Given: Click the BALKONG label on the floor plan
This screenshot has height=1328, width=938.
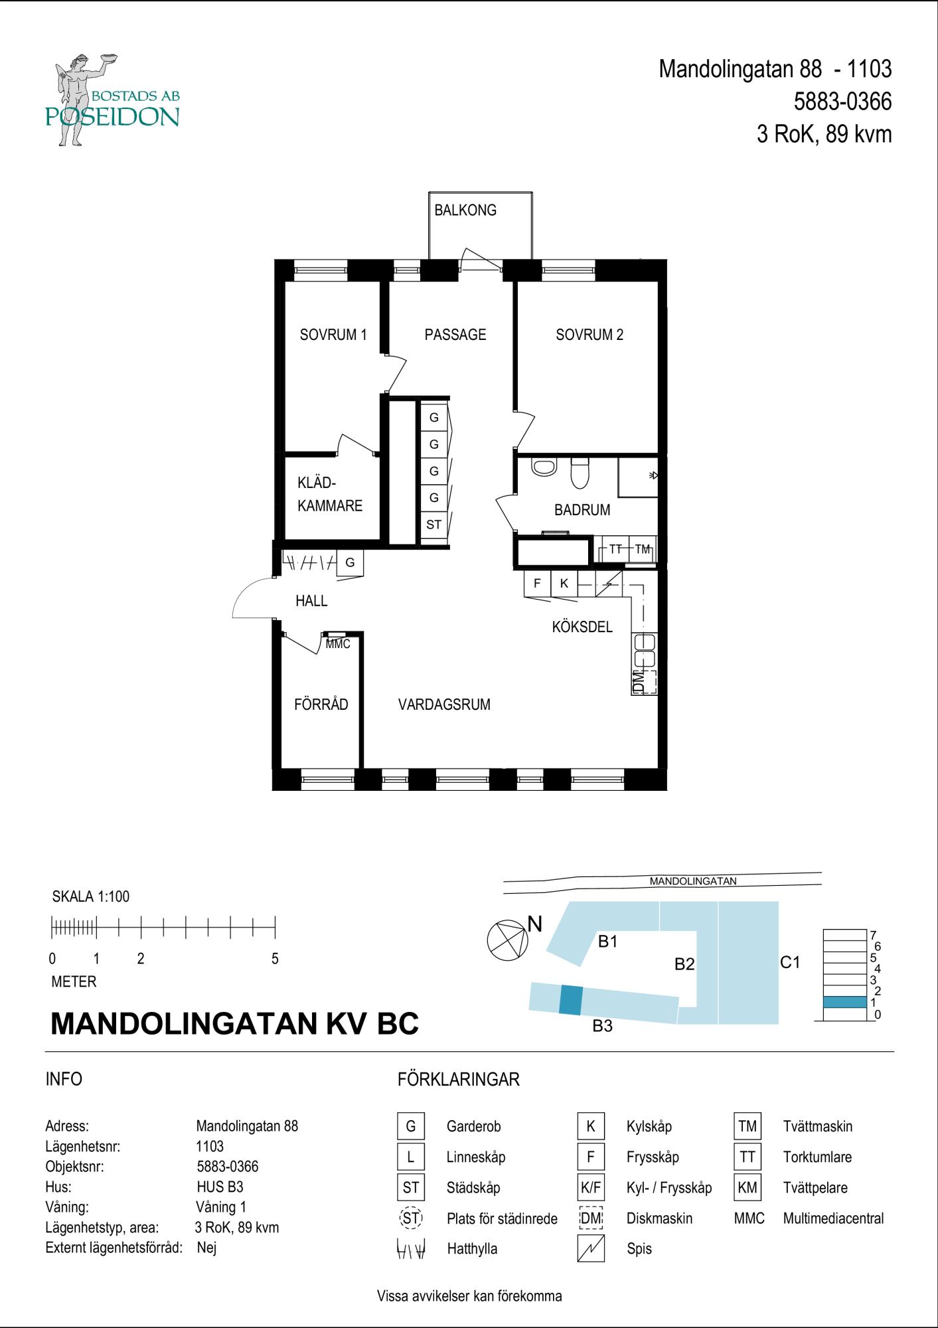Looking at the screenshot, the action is tap(465, 210).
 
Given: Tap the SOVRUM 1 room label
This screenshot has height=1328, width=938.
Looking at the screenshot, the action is tap(333, 335).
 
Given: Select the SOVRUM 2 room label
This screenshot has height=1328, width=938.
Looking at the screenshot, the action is tap(589, 335).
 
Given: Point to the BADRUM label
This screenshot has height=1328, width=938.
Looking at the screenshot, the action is tap(582, 510).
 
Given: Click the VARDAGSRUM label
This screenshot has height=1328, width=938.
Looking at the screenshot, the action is tap(444, 705).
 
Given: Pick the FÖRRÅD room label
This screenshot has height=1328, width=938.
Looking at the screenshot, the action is tap(321, 704).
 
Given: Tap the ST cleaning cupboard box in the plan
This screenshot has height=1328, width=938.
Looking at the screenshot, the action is tap(433, 525).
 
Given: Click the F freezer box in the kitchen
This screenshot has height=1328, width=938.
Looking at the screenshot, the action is tap(537, 584).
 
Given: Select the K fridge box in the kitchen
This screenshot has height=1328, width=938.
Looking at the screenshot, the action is tap(564, 584).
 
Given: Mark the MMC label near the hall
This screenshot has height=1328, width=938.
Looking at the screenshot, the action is tap(338, 644).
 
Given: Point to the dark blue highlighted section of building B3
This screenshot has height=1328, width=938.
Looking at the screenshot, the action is tap(571, 999).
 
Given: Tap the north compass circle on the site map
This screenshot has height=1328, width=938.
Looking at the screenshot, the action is tap(508, 940).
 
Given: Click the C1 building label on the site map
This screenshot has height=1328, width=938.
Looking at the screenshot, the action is tap(790, 962).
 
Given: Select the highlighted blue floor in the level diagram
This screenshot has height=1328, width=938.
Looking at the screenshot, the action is tap(844, 1002).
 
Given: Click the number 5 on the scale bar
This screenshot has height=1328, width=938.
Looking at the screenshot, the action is tap(275, 959).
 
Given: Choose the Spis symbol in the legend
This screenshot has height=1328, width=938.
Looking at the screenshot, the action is tap(591, 1249).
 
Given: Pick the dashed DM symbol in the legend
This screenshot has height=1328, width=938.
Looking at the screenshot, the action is tap(591, 1218).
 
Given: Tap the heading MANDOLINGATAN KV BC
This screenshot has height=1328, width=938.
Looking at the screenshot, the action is tap(235, 1024).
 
